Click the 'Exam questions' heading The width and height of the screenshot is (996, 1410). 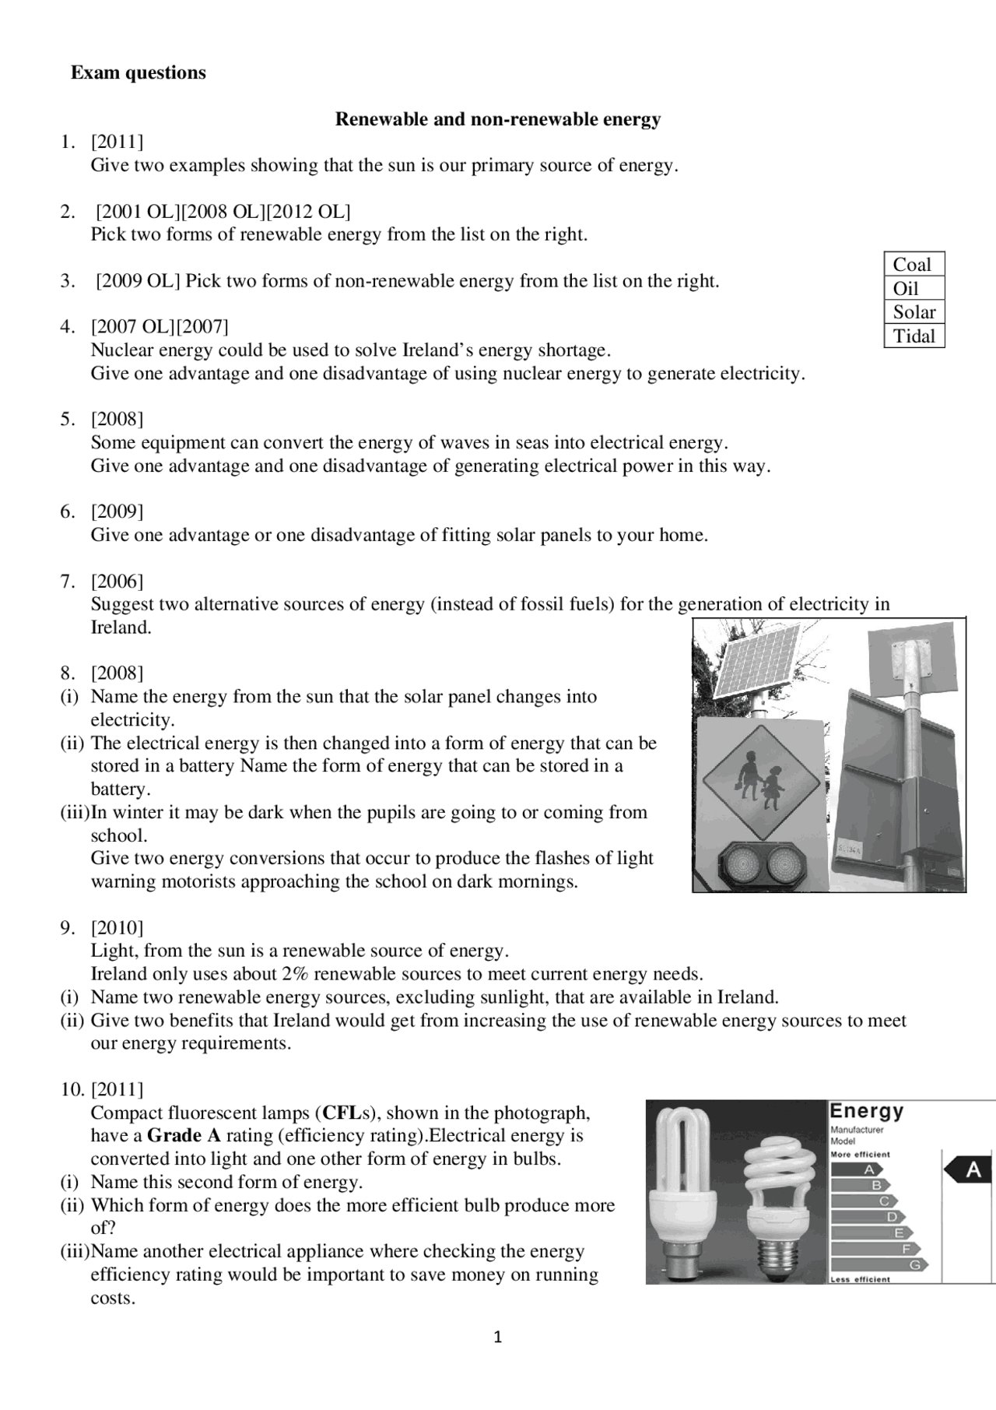[x=139, y=72]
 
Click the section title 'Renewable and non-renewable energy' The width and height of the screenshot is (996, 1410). [x=498, y=119]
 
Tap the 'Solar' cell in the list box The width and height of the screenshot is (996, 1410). [x=914, y=312]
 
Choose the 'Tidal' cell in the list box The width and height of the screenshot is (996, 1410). [x=914, y=336]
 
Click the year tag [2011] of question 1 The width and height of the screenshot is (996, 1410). [x=117, y=142]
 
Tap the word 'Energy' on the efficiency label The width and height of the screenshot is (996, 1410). [x=867, y=1111]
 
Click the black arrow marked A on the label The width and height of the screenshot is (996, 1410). [x=969, y=1170]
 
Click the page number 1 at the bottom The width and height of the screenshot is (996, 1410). [x=498, y=1338]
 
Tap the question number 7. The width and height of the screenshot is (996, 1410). [x=68, y=581]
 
